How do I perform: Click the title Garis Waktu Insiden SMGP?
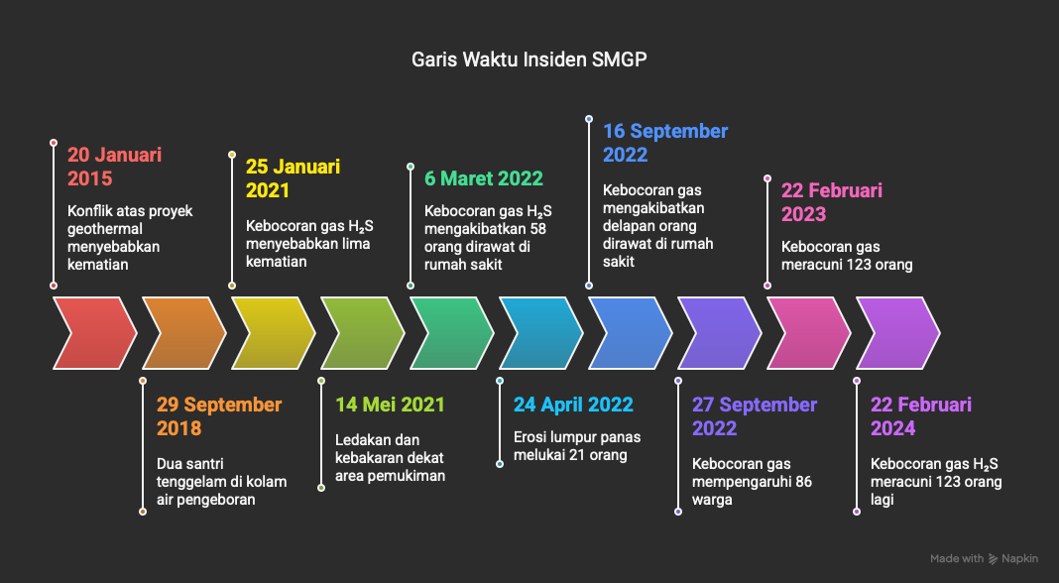[529, 59]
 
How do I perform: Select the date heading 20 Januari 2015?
[114, 167]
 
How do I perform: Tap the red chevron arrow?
[94, 333]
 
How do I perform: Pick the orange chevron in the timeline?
[183, 333]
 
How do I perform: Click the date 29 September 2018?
[219, 416]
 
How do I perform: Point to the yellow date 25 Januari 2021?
[293, 178]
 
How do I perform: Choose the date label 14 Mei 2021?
[390, 405]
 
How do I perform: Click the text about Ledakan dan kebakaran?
[390, 458]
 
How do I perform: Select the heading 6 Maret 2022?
[484, 178]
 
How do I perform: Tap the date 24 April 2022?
[573, 405]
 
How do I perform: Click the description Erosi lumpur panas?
[577, 446]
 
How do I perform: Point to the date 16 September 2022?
[665, 143]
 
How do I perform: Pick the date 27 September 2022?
[755, 416]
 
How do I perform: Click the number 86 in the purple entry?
[803, 482]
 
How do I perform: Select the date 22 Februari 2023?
[831, 202]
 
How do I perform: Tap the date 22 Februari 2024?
[920, 416]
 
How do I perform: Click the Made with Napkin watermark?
[984, 558]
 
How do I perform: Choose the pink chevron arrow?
[808, 333]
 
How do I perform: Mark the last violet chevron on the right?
[897, 333]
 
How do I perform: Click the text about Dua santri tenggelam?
[221, 482]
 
